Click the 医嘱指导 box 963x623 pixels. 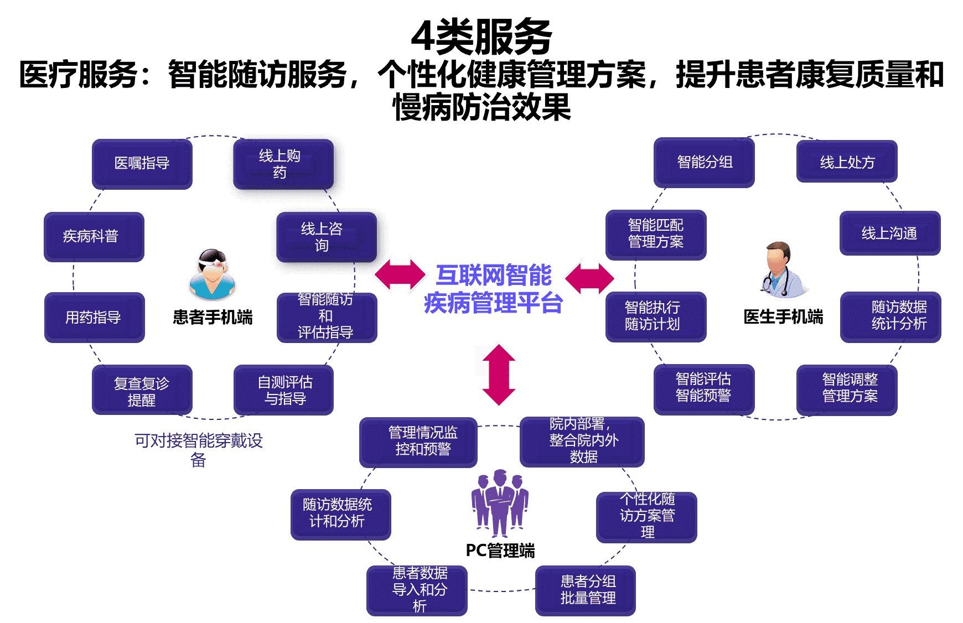pyautogui.click(x=142, y=164)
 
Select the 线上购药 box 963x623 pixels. pyautogui.click(x=282, y=164)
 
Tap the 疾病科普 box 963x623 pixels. pyautogui.click(x=94, y=237)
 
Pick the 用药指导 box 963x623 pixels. pyautogui.click(x=94, y=318)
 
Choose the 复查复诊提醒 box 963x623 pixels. pyautogui.click(x=142, y=391)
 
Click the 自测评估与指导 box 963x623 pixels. pyautogui.click(x=284, y=390)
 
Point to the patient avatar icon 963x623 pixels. pyautogui.click(x=213, y=274)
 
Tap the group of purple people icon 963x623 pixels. pyautogui.click(x=500, y=502)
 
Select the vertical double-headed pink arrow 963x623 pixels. pyautogui.click(x=498, y=375)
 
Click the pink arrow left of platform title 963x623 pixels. pyautogui.click(x=400, y=274)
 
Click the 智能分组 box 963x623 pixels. pyautogui.click(x=704, y=163)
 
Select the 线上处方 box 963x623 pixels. pyautogui.click(x=847, y=162)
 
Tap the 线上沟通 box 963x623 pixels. pyautogui.click(x=889, y=233)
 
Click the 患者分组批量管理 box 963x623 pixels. pyautogui.click(x=586, y=590)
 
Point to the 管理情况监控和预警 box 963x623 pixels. pyautogui.click(x=419, y=442)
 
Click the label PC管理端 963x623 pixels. pyautogui.click(x=500, y=551)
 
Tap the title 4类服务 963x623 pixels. pyautogui.click(x=481, y=37)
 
